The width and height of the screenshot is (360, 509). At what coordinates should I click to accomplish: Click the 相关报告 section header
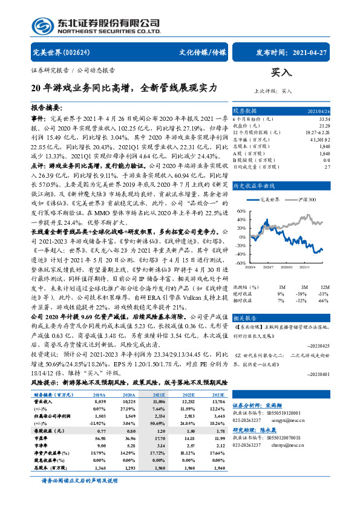[245, 317]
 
